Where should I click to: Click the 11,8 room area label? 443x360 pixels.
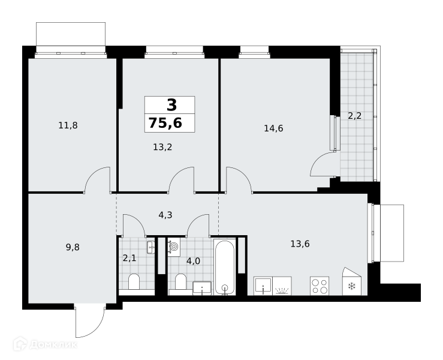coord(68,125)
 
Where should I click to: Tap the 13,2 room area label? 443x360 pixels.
coord(162,147)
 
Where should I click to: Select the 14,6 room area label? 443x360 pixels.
coord(273,128)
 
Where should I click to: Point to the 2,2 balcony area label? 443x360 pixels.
coord(354,116)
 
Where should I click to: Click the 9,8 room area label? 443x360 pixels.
coord(73,247)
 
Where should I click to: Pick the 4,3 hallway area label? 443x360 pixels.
coord(165,215)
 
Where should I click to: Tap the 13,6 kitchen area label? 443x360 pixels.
coord(300,244)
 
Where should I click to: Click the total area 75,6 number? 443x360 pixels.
coord(165,123)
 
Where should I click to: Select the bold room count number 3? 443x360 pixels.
coord(172,105)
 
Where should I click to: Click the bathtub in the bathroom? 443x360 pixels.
coord(225,267)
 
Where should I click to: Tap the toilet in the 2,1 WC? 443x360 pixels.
coord(134,281)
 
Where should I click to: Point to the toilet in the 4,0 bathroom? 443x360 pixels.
coord(180,281)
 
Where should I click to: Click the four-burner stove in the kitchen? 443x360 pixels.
coord(320,286)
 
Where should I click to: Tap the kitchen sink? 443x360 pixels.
coord(263,286)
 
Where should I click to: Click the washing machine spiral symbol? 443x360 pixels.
coord(174,247)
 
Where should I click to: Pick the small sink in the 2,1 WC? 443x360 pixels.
coord(151,247)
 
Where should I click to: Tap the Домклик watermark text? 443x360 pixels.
coord(53,345)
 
